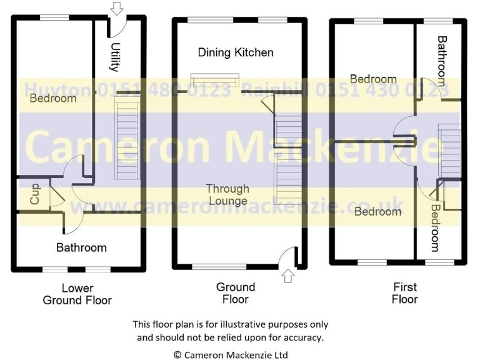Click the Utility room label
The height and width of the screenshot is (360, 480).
pyautogui.click(x=115, y=57)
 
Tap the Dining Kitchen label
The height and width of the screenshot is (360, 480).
pyautogui.click(x=236, y=52)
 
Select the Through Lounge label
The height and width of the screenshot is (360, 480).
pyautogui.click(x=227, y=194)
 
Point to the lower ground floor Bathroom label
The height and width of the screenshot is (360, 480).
pyautogui.click(x=81, y=247)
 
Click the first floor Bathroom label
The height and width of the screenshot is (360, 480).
pyautogui.click(x=442, y=60)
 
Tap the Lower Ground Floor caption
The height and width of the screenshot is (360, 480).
pyautogui.click(x=77, y=294)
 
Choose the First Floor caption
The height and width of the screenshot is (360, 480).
pyautogui.click(x=404, y=292)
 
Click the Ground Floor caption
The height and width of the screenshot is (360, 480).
pyautogui.click(x=236, y=292)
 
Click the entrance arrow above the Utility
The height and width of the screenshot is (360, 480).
pyautogui.click(x=116, y=8)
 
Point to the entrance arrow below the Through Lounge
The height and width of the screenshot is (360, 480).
pyautogui.click(x=287, y=276)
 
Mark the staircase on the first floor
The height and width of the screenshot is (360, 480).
pyautogui.click(x=449, y=151)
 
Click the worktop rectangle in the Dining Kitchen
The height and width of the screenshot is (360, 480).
pyautogui.click(x=214, y=80)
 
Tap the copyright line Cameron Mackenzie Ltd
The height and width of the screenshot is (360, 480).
pyautogui.click(x=231, y=354)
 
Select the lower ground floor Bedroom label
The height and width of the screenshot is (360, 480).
pyautogui.click(x=53, y=98)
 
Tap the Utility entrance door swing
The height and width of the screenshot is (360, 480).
pyautogui.click(x=119, y=29)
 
